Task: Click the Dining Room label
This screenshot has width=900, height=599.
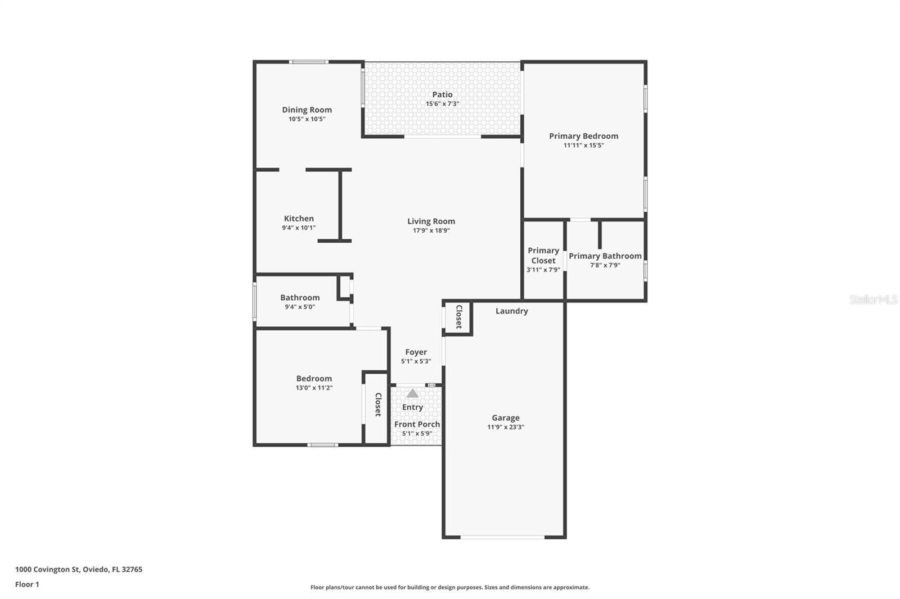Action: (x=307, y=110)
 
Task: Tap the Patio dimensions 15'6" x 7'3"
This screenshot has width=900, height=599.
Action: (x=442, y=104)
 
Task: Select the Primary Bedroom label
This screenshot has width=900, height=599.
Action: (x=583, y=136)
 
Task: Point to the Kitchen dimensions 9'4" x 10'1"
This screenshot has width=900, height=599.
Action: (x=299, y=228)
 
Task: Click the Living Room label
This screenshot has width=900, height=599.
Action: (x=431, y=221)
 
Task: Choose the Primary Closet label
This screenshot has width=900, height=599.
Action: (x=543, y=255)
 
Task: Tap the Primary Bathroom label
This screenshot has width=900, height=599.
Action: (x=605, y=256)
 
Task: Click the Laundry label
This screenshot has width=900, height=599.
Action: (x=511, y=311)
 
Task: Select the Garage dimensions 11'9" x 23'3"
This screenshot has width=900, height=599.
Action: (x=506, y=427)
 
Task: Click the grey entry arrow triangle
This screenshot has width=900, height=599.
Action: (x=413, y=393)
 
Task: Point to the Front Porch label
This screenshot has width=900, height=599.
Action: (x=417, y=424)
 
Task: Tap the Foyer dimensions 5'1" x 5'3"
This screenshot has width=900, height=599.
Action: (x=416, y=361)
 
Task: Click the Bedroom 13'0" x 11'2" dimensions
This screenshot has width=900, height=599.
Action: (x=314, y=388)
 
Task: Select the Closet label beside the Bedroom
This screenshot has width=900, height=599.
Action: (x=378, y=405)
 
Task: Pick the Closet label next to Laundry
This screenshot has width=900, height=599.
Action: (x=458, y=317)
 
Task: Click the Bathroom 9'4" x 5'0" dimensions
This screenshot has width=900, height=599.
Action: (x=300, y=307)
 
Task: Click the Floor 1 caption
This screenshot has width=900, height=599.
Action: (x=27, y=584)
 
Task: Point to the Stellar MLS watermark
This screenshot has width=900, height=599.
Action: (x=873, y=299)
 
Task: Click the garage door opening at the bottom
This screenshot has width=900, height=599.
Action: (x=502, y=537)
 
